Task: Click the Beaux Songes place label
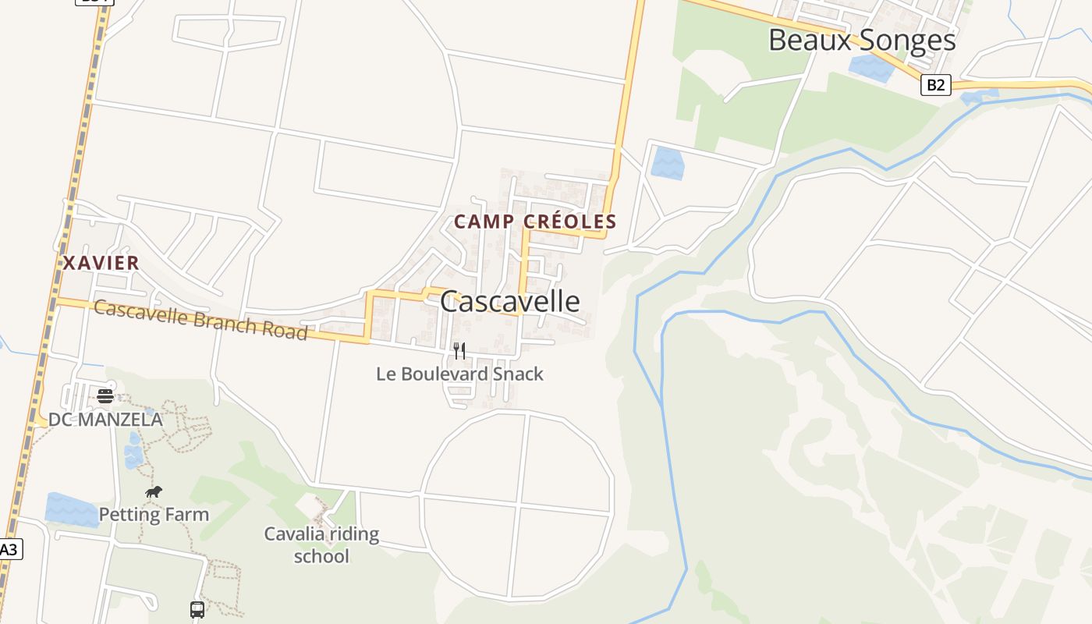[x=862, y=40]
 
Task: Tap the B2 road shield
[x=935, y=85]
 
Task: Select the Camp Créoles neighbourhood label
[x=535, y=222]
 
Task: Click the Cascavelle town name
[x=510, y=301]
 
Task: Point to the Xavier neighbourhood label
[x=101, y=263]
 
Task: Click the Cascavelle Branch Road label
[x=200, y=320]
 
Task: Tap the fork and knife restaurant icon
[x=459, y=351]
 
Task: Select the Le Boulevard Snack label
[x=459, y=374]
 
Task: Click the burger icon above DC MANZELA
[x=105, y=396]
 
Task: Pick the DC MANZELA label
[x=105, y=420]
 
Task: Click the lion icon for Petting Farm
[x=154, y=492]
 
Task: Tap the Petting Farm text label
[x=154, y=515]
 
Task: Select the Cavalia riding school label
[x=321, y=544]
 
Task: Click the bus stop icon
[x=197, y=609]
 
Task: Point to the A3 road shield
[x=8, y=549]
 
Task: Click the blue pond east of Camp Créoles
[x=667, y=163]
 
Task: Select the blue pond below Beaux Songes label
[x=872, y=67]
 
